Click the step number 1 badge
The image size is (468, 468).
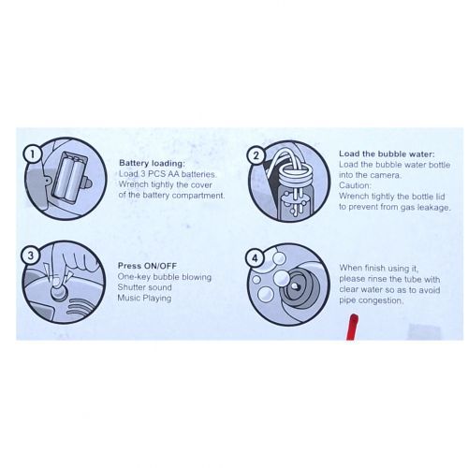(x=32, y=154)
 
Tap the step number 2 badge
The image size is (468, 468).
(x=256, y=155)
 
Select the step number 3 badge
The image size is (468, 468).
(x=30, y=256)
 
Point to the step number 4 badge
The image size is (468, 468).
(x=255, y=258)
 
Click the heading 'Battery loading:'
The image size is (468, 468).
(x=152, y=163)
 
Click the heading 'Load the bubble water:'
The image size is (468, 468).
(x=387, y=154)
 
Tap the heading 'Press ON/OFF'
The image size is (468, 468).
(x=147, y=266)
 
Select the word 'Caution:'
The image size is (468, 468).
(x=355, y=185)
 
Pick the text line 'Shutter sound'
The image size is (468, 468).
(x=144, y=287)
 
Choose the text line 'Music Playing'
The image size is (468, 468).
(x=144, y=299)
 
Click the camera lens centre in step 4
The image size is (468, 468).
(x=295, y=286)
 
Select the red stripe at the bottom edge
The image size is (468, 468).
(x=353, y=327)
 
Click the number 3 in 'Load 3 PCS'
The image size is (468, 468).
(x=142, y=174)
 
